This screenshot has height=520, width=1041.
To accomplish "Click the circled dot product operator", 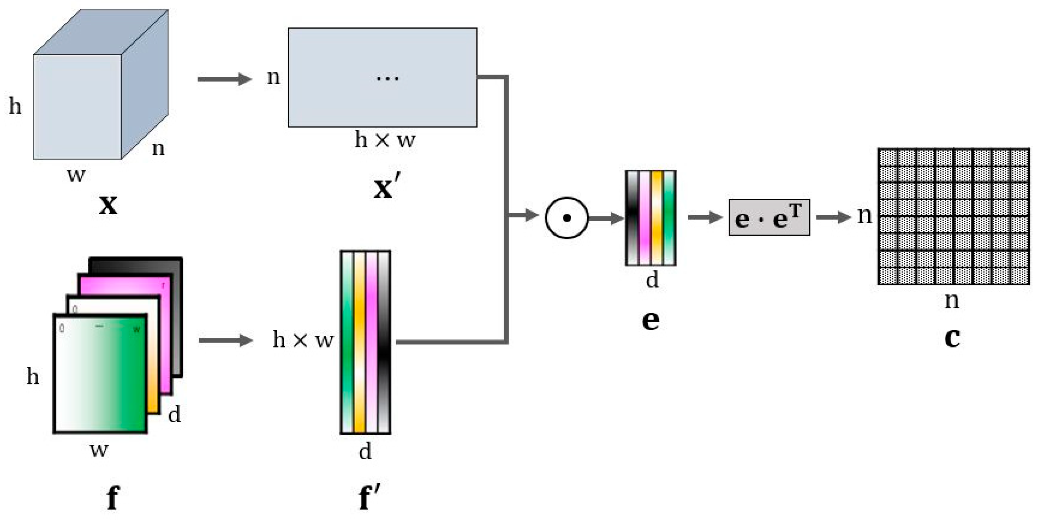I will (x=567, y=218).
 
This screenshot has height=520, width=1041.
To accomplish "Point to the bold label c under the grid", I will (x=952, y=337).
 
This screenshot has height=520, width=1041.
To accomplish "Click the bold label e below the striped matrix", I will (x=650, y=320).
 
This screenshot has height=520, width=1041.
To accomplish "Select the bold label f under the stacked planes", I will (x=112, y=497).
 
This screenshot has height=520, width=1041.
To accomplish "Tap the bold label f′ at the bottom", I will (x=369, y=497).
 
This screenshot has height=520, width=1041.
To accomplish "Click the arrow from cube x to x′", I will (x=224, y=79).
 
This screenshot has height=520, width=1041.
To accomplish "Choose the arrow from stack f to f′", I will (x=225, y=340).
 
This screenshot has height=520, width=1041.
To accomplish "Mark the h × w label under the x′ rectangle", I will (x=385, y=140).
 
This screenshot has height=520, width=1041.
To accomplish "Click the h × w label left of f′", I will (x=303, y=339).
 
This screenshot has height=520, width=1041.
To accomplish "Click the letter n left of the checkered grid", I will (x=865, y=216).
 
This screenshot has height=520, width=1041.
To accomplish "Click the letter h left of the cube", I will (x=15, y=107).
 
